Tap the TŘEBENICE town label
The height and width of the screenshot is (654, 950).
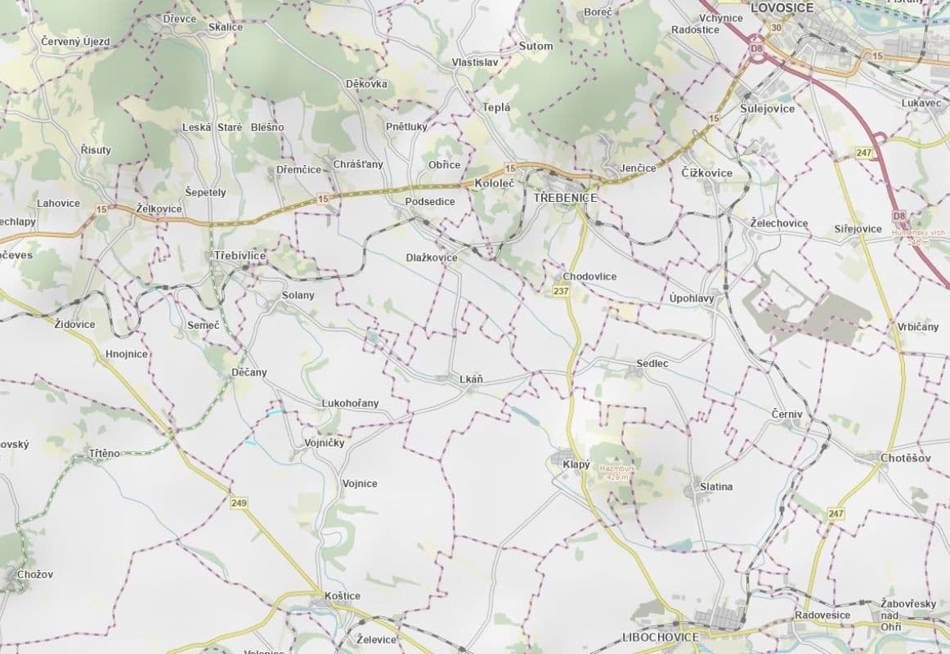[x=565, y=198]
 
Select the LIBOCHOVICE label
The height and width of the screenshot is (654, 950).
[x=660, y=637]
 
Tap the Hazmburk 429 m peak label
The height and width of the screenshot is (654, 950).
[x=617, y=472]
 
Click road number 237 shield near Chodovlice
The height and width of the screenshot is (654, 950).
[x=561, y=291]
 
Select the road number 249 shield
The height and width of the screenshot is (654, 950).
[x=239, y=502]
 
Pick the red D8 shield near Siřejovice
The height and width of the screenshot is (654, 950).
[x=900, y=215]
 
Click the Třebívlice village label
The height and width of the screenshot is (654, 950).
[x=240, y=256]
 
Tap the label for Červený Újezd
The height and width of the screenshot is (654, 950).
[x=75, y=41]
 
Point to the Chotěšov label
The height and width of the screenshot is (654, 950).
[x=906, y=458]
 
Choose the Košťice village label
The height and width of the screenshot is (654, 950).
[x=342, y=596]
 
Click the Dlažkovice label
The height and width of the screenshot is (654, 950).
[x=432, y=258]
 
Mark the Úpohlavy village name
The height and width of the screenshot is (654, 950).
[x=692, y=298]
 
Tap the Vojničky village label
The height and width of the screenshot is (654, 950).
[x=324, y=442]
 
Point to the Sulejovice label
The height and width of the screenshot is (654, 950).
[x=767, y=108]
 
